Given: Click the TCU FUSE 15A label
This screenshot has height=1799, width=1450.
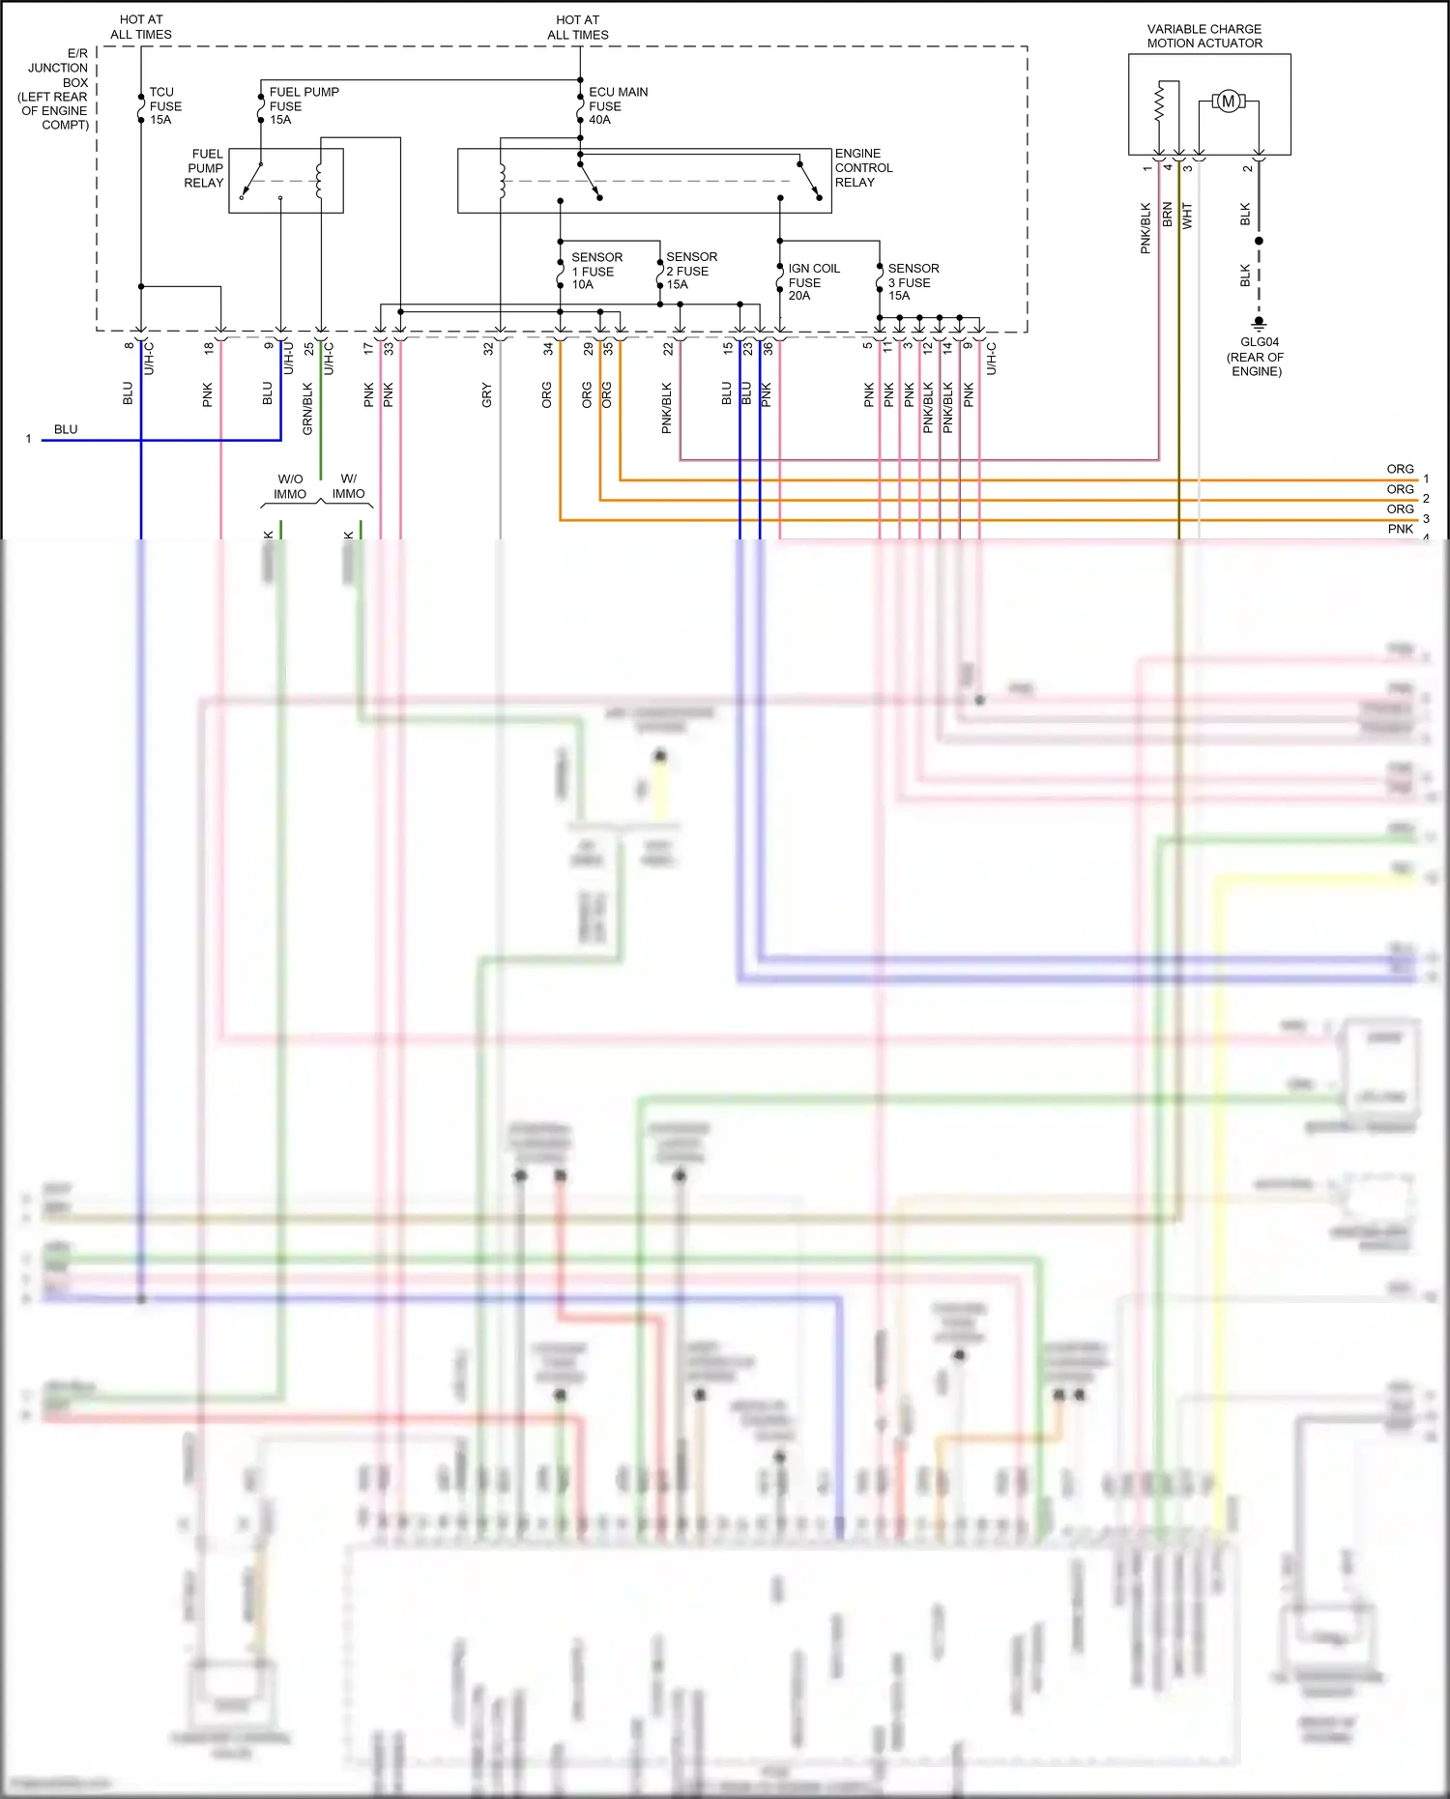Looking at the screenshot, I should [x=164, y=106].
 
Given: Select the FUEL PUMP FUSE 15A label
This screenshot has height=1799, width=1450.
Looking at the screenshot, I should [x=303, y=106].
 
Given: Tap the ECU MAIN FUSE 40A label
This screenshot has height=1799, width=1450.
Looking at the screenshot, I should [x=617, y=106].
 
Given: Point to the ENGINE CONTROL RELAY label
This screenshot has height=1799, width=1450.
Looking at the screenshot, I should [x=862, y=168].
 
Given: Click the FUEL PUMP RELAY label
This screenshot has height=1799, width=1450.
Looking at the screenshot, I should [x=205, y=168].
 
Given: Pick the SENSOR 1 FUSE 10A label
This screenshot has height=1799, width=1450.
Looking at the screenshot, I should [x=595, y=272].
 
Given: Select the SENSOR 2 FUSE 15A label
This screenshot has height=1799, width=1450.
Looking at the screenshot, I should [x=690, y=272].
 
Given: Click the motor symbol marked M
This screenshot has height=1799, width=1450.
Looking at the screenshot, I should [x=1228, y=102].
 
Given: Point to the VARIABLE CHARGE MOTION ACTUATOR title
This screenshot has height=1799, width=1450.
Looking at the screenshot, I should [x=1204, y=37].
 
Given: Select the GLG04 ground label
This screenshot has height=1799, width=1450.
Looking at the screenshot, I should [x=1258, y=356].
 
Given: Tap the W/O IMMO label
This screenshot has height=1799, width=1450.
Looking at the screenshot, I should [x=290, y=487].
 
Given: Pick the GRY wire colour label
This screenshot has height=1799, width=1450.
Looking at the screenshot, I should [x=487, y=394].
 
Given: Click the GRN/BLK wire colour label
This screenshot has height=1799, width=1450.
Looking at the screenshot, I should [x=308, y=408].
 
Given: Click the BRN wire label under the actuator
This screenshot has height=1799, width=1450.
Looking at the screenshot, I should [x=1168, y=215].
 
